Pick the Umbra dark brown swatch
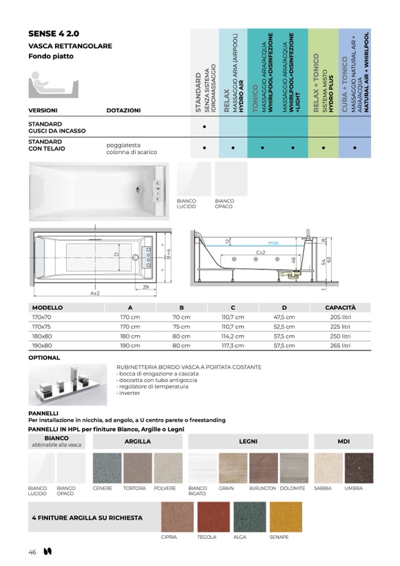359,468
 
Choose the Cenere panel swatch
107,468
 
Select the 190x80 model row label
42,345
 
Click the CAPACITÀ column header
340,307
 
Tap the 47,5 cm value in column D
284,317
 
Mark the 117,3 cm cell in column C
232,345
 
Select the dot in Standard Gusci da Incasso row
204,127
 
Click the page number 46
32,552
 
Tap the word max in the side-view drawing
273,243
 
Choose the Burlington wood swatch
263,468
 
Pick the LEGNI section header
248,441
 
